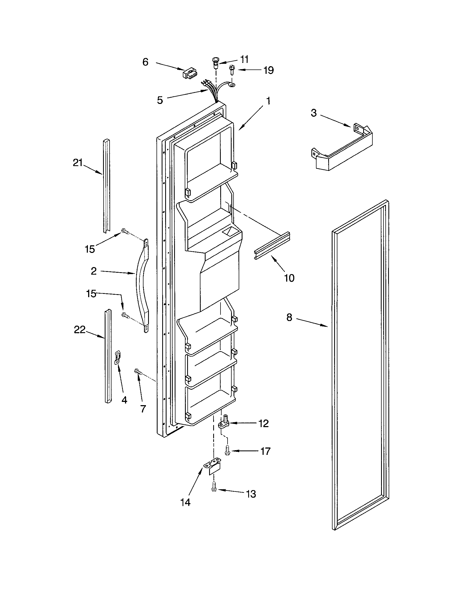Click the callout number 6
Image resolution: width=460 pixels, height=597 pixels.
[x=145, y=62]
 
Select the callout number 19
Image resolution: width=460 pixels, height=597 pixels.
[x=269, y=70]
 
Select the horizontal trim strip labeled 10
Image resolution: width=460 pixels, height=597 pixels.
[x=272, y=245]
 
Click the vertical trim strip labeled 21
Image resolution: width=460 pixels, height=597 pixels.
[x=106, y=186]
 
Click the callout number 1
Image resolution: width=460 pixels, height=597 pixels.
[x=269, y=101]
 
